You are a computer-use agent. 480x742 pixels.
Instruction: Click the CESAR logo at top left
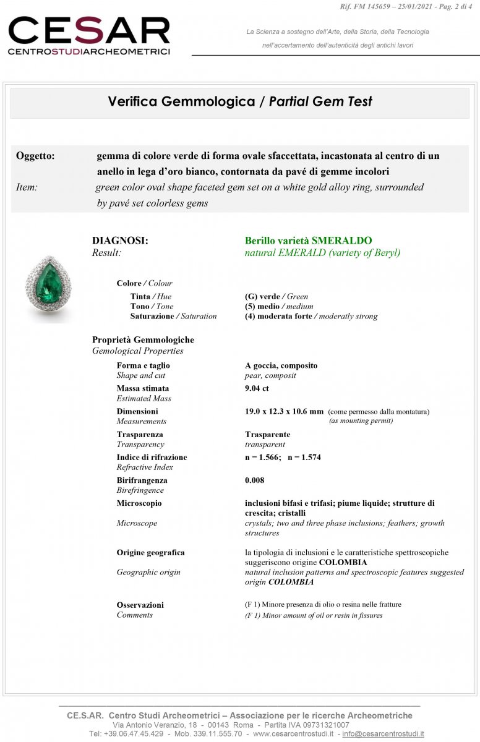coord(88,36)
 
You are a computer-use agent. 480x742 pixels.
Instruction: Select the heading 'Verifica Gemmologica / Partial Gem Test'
coord(240,101)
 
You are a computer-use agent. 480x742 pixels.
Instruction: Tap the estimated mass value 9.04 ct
coord(257,388)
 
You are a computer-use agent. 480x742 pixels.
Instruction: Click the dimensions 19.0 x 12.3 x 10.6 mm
coord(284,411)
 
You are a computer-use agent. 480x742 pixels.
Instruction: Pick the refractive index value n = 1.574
coord(304,457)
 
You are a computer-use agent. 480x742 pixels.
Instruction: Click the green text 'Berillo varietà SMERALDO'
coord(308,241)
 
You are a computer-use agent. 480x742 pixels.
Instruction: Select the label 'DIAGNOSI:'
coord(120,241)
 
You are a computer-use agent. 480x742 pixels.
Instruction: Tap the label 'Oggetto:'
coord(35,156)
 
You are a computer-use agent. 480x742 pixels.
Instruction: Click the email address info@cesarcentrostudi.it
coord(383,733)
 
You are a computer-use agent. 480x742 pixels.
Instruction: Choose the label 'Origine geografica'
coord(150,552)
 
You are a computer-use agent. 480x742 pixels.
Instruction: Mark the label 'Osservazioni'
coord(140,605)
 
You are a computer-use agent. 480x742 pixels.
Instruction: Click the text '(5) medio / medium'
coord(279,306)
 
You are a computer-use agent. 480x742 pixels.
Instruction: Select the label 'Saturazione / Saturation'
coord(173,316)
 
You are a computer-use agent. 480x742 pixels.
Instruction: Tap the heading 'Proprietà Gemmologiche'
coord(143,339)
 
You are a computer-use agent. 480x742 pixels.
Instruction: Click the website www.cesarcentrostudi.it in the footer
coord(293,733)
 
